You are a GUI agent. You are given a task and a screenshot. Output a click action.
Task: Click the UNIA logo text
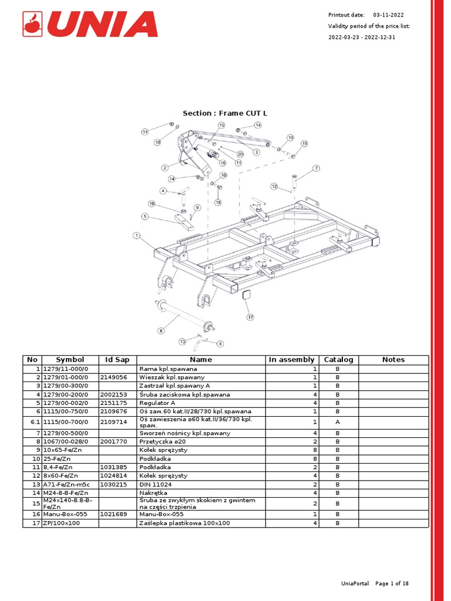pos(102,24)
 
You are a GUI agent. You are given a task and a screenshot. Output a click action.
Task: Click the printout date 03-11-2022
pos(388,15)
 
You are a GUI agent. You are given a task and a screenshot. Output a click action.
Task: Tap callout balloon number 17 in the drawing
pos(250,317)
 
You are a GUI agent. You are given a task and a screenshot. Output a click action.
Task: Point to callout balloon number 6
pos(161,331)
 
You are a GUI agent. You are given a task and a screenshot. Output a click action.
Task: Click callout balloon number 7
pos(316,168)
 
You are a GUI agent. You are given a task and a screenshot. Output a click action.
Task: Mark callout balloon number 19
pos(152,204)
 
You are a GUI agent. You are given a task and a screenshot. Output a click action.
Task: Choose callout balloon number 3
pos(256,152)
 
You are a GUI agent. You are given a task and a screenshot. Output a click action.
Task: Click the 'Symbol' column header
pos(70,360)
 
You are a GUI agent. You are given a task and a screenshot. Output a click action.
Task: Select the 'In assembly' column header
pos(291,360)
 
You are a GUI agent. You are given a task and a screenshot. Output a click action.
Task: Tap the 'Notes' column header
pos(393,360)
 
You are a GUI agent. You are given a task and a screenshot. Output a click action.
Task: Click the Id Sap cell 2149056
pos(114,377)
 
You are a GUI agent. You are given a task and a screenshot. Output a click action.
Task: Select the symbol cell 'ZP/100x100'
pos(62,523)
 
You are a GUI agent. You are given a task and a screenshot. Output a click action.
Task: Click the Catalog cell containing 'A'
pos(338,422)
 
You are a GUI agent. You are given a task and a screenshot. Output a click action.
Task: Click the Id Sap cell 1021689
pos(114,514)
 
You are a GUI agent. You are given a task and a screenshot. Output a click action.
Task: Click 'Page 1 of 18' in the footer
pos(392,583)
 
